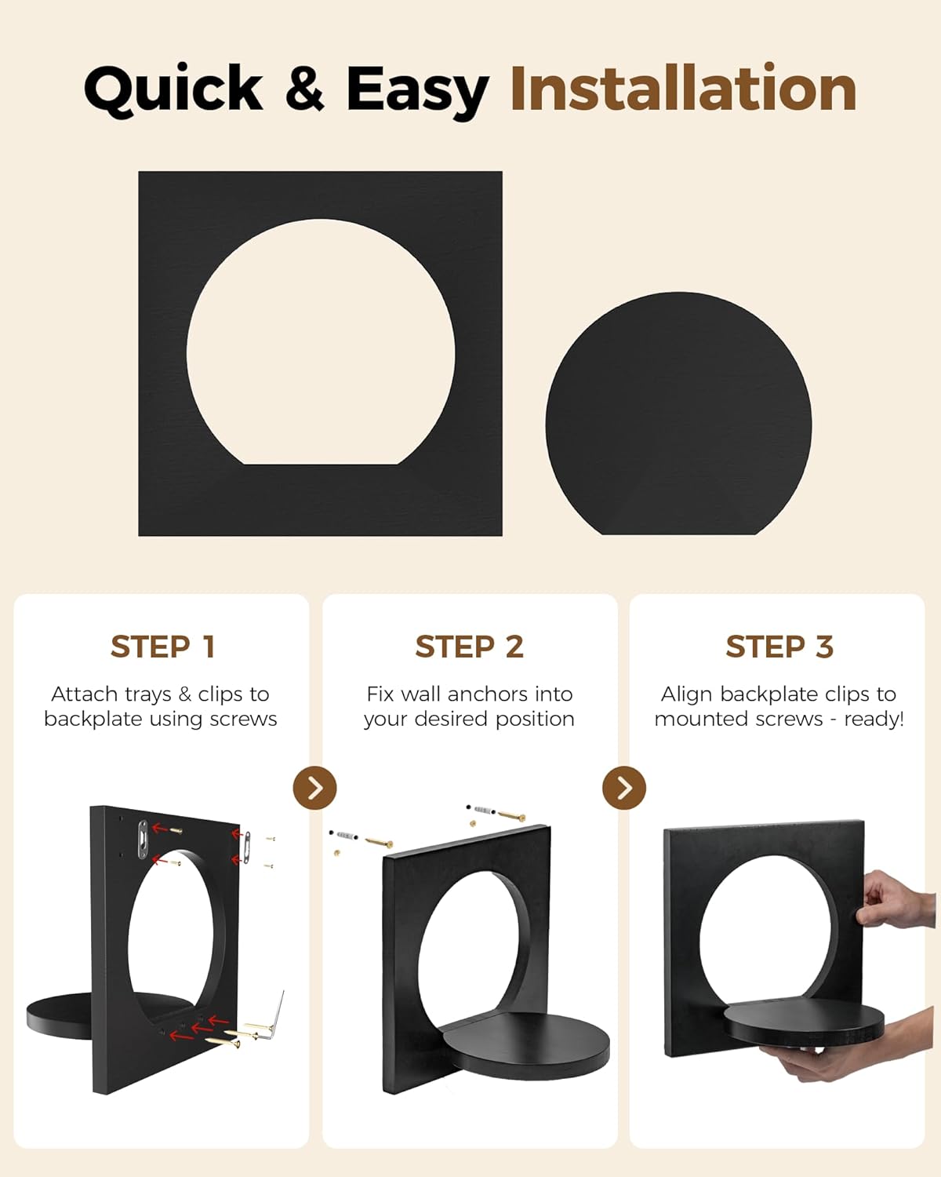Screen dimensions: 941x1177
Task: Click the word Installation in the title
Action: click(684, 89)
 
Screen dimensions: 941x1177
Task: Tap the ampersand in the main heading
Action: click(305, 89)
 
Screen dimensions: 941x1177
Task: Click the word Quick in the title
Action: click(173, 90)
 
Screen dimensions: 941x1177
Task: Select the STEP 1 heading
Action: click(162, 647)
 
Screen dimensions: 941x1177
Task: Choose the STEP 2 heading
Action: click(470, 647)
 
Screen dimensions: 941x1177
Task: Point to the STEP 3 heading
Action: click(779, 647)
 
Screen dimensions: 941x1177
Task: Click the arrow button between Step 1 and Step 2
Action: click(315, 788)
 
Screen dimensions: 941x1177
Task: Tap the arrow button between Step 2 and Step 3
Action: click(624, 788)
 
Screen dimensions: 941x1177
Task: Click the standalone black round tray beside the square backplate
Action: click(678, 414)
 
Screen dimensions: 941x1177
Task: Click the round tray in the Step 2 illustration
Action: click(526, 1046)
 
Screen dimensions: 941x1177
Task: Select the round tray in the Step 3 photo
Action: click(804, 1024)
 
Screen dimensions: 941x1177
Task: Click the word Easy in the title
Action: click(418, 91)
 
